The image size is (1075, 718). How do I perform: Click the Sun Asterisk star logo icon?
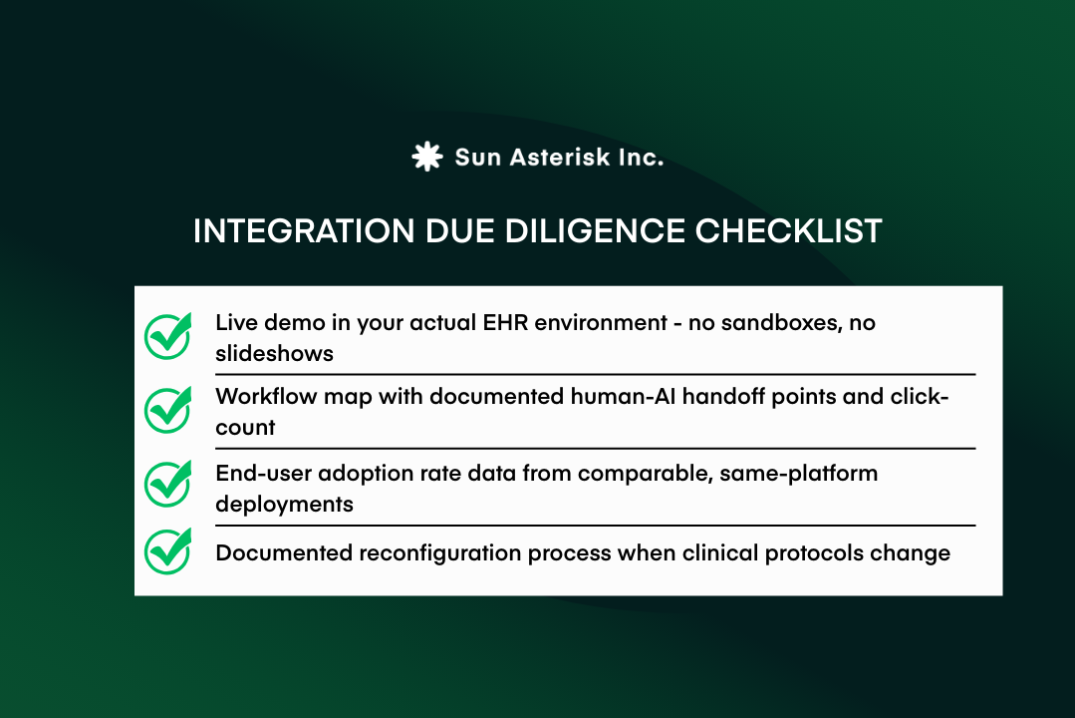[426, 157]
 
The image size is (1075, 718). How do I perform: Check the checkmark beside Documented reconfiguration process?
[168, 551]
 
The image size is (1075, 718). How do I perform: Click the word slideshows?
[274, 354]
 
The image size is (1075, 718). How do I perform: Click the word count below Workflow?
[245, 428]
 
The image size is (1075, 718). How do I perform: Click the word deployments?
[284, 504]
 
